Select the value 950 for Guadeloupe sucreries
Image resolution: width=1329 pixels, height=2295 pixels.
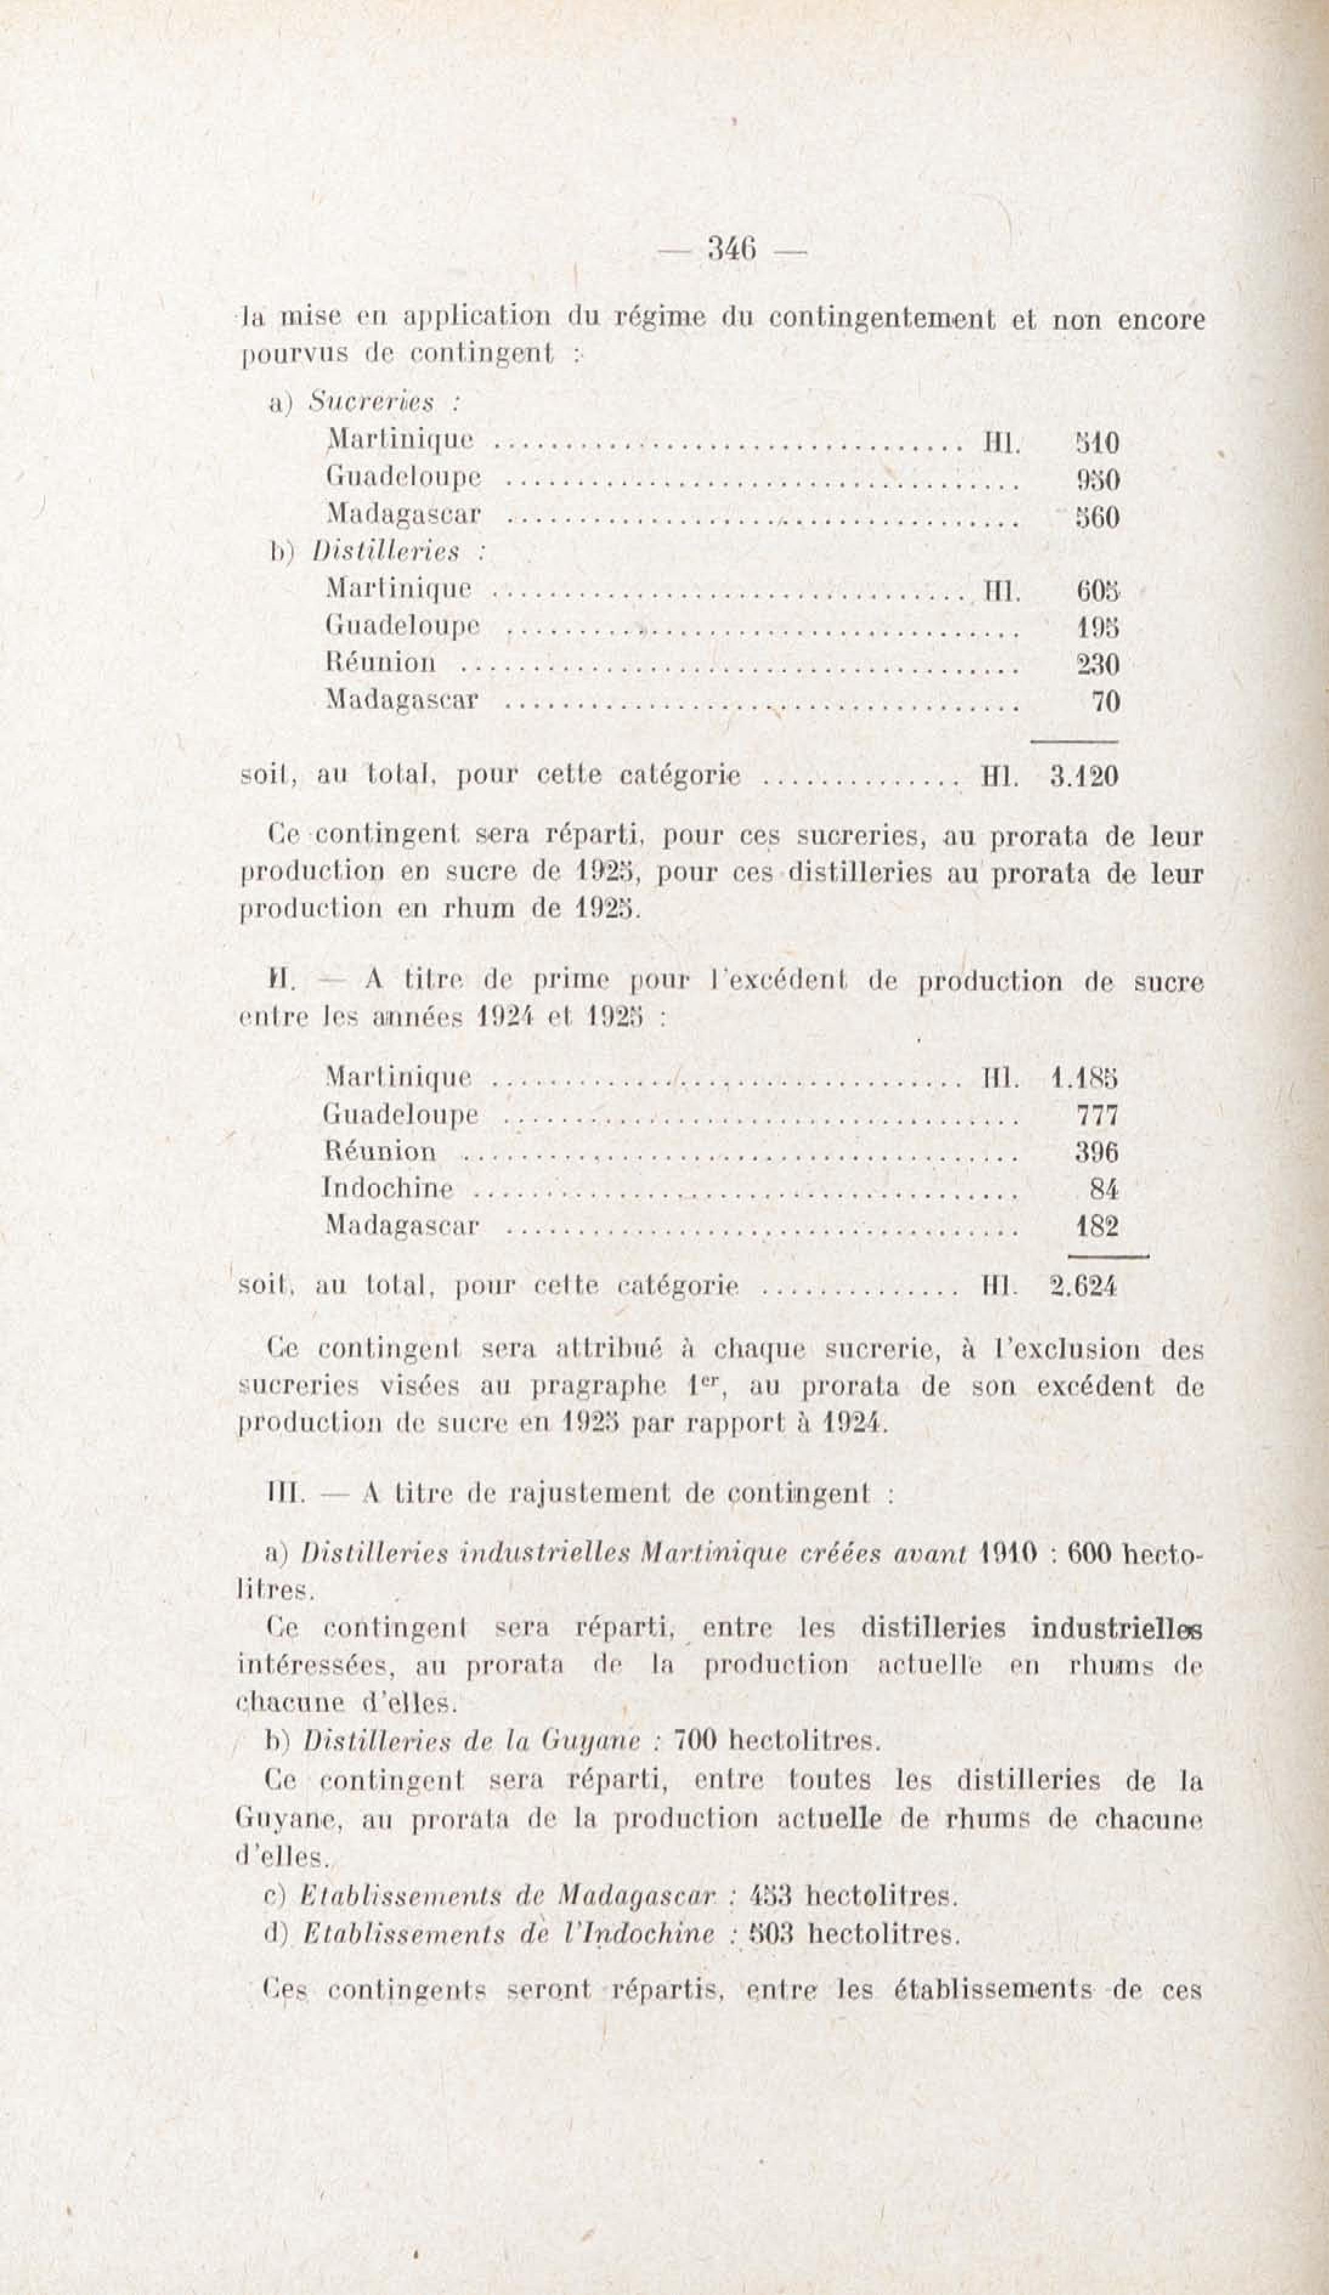pos(1097,480)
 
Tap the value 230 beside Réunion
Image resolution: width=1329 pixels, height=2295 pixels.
pos(1097,665)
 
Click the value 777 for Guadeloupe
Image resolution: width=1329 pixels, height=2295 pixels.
pos(1097,1115)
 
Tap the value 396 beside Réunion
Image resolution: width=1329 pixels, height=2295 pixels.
pos(1097,1152)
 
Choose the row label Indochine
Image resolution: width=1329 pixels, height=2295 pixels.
pos(388,1188)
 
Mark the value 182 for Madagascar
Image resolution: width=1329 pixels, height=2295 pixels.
pos(1097,1226)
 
